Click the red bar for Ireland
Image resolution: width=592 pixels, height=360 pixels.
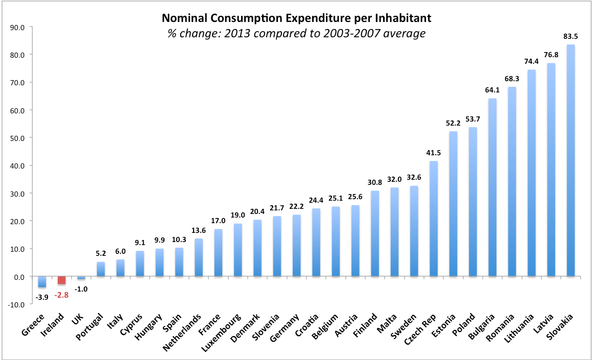[61, 280]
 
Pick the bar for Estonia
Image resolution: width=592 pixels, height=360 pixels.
[453, 204]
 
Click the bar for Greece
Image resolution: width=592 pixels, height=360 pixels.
[42, 281]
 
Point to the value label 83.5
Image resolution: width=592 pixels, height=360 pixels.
[571, 36]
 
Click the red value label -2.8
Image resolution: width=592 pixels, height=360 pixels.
[61, 295]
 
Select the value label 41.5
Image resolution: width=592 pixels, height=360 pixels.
[434, 153]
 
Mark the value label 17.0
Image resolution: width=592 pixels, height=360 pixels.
[218, 221]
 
